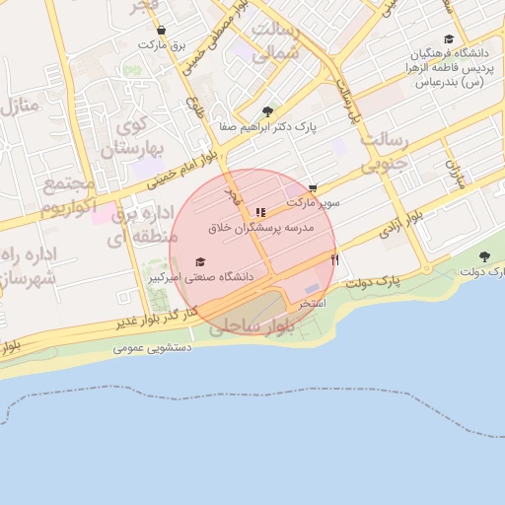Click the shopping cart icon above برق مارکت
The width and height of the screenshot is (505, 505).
pyautogui.click(x=161, y=31)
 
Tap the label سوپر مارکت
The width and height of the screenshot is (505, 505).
pyautogui.click(x=314, y=202)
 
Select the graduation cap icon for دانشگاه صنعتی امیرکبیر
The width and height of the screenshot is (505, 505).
pyautogui.click(x=201, y=261)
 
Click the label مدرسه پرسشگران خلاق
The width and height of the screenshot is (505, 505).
pyautogui.click(x=260, y=227)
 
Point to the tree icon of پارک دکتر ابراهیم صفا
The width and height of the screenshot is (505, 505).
pyautogui.click(x=267, y=111)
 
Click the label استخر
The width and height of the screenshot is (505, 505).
pyautogui.click(x=314, y=304)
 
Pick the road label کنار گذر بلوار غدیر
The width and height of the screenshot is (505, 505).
pyautogui.click(x=148, y=318)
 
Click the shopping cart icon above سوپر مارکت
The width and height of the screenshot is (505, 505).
pyautogui.click(x=313, y=187)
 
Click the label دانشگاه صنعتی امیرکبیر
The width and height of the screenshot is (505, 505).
pyautogui.click(x=201, y=278)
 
